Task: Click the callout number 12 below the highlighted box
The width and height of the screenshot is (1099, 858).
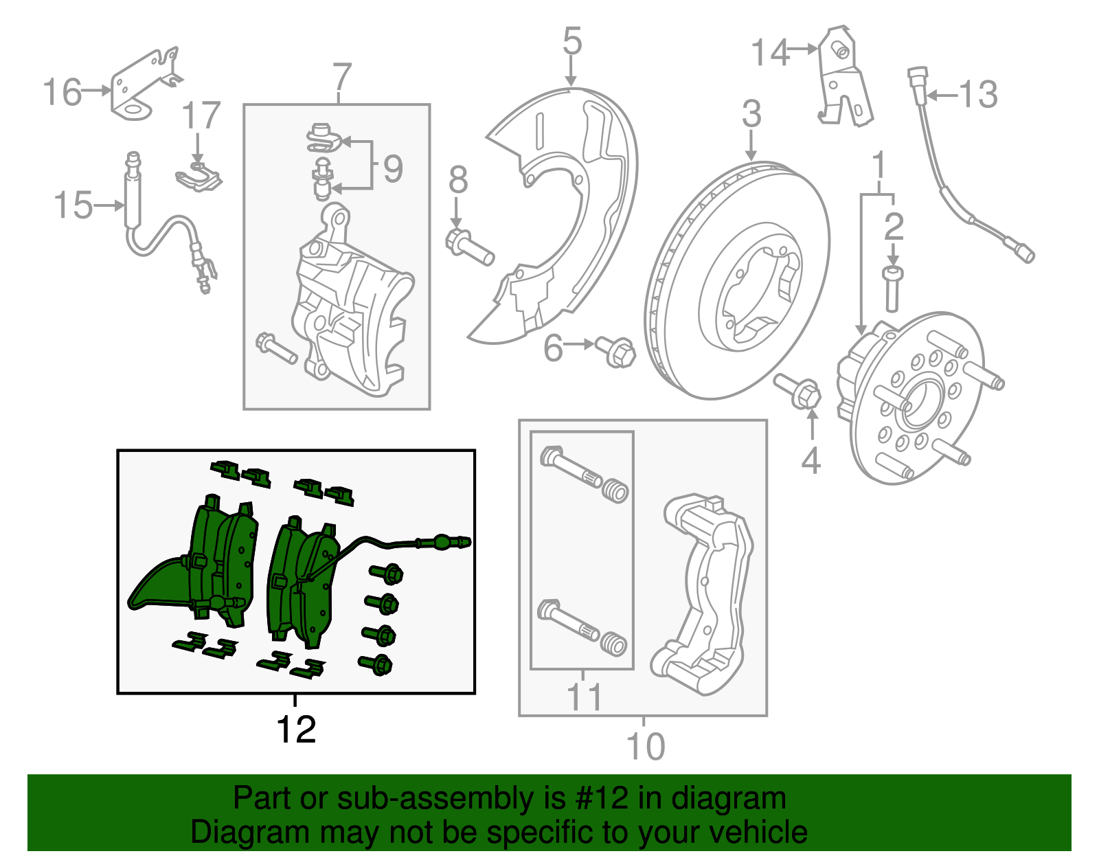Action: [296, 730]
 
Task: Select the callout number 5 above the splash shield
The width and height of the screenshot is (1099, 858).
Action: [571, 41]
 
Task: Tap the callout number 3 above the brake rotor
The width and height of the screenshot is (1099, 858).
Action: [751, 113]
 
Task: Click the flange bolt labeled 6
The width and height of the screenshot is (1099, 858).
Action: [617, 352]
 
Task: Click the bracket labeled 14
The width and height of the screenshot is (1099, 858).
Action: [844, 79]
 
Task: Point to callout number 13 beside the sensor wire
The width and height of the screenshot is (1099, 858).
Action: [978, 94]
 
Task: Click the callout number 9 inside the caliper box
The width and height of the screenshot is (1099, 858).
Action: [392, 168]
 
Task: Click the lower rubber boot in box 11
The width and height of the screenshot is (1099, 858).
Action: [614, 645]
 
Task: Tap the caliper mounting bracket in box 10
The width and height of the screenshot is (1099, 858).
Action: [707, 591]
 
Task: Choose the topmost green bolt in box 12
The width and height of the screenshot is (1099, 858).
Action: [386, 572]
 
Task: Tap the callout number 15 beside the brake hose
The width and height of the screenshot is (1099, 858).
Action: [73, 205]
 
